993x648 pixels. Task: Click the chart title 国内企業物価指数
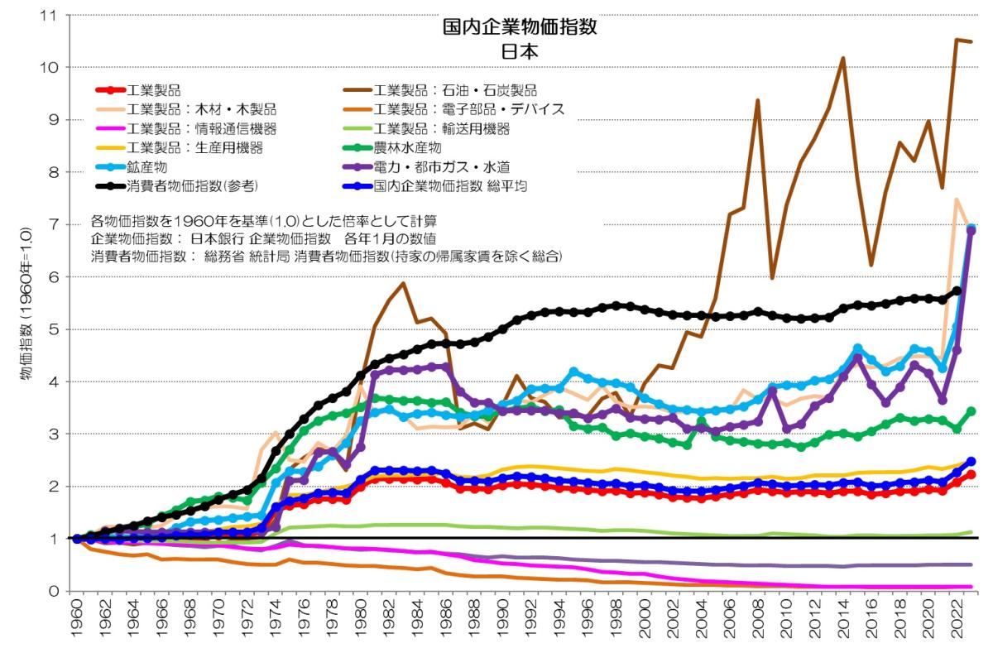tap(520, 26)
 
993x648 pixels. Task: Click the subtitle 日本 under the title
tap(520, 50)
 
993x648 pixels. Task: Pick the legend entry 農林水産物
tap(414, 148)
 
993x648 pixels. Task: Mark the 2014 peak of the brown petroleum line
tap(843, 59)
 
